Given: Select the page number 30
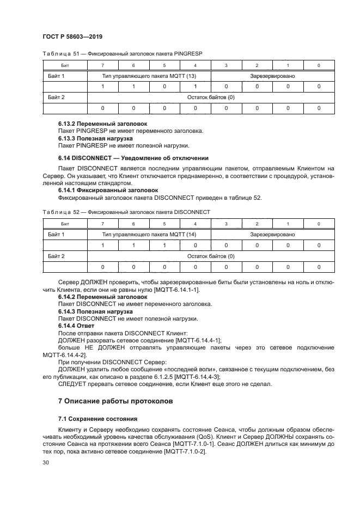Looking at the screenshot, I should pyautogui.click(x=45, y=462).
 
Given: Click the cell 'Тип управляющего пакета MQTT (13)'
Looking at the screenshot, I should pyautogui.click(x=149, y=76).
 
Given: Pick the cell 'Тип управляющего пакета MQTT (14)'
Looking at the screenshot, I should pyautogui.click(x=149, y=235).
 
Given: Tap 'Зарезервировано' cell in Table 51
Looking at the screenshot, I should pyautogui.click(x=272, y=76).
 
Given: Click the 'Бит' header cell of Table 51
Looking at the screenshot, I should pyautogui.click(x=64, y=65).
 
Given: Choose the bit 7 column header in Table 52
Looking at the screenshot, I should pyautogui.click(x=102, y=224).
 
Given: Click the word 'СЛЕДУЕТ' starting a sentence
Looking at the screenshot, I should pyautogui.click(x=72, y=383).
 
